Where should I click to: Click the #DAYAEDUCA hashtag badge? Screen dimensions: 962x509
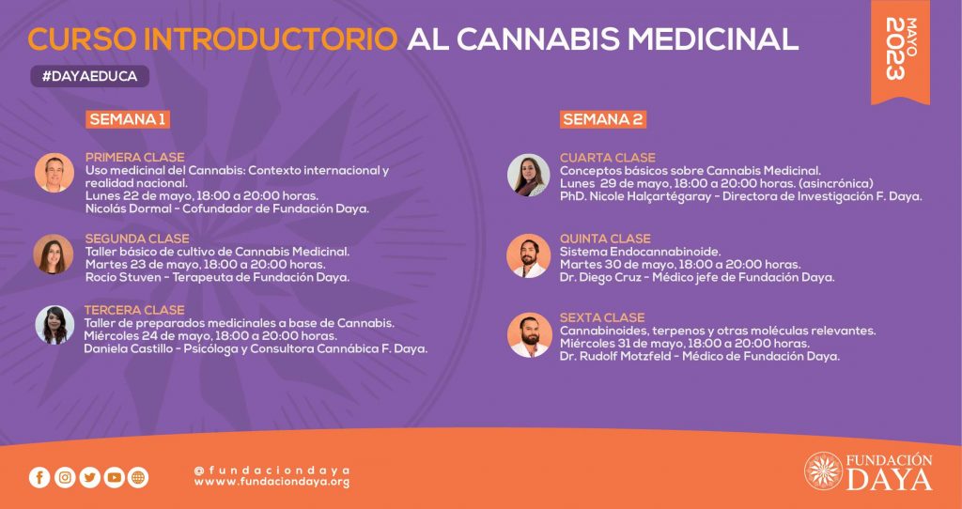[89, 76]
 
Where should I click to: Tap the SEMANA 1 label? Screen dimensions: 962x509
[128, 119]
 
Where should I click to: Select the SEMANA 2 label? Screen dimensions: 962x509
[603, 119]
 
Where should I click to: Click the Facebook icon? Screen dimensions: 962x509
[39, 477]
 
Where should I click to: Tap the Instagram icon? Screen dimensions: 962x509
[65, 477]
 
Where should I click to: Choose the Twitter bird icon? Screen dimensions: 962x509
[89, 477]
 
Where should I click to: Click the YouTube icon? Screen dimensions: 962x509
[114, 477]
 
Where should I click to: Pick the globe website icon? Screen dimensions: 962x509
[138, 477]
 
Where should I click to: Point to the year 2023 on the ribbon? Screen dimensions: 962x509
[895, 49]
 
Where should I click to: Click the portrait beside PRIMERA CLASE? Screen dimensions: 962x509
[54, 172]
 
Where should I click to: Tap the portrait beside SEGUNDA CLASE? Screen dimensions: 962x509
[54, 254]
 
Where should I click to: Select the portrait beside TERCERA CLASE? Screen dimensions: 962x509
[54, 325]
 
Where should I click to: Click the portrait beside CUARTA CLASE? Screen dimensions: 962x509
[529, 175]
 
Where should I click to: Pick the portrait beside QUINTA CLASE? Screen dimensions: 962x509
[528, 255]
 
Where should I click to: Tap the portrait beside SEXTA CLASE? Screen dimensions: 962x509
[530, 335]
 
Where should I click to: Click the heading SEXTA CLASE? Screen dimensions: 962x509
[602, 317]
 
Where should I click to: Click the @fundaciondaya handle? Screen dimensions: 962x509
[272, 470]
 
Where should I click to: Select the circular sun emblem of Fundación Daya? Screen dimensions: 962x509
[823, 470]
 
